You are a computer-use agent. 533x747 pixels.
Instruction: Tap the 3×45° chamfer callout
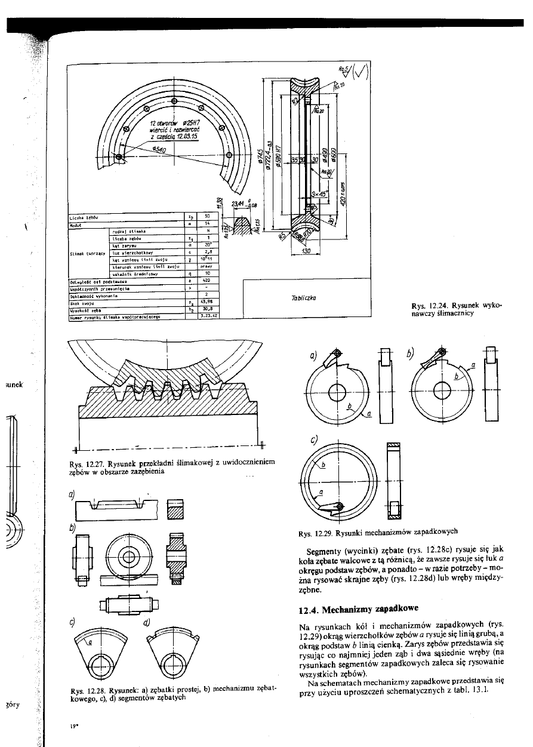(x=319, y=193)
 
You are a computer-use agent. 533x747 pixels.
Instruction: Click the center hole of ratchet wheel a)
(x=337, y=392)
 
